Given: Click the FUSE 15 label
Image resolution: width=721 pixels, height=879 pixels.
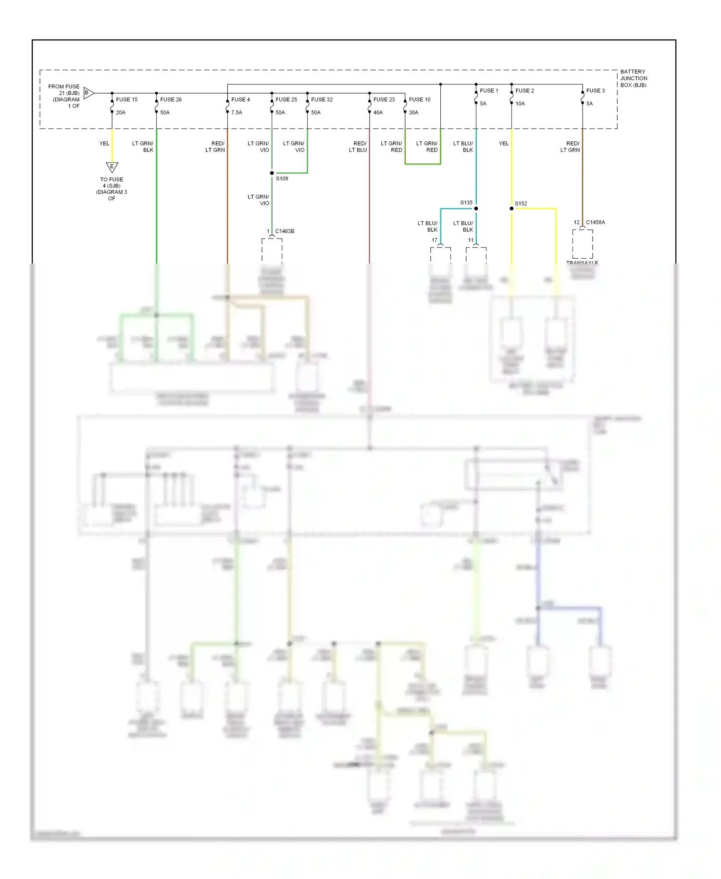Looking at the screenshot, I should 126,100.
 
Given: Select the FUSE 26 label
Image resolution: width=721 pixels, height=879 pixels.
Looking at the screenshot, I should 171,100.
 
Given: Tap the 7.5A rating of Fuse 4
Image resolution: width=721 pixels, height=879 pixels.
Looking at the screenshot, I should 236,113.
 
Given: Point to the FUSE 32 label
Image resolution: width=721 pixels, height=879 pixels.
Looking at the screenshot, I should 322,100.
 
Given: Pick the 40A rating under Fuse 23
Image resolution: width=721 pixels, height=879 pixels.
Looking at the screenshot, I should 378,113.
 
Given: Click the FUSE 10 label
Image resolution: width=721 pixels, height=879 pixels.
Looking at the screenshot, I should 420,100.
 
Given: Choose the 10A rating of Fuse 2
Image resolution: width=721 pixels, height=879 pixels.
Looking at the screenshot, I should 520,103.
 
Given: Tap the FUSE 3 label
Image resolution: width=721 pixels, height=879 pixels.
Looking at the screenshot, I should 596,90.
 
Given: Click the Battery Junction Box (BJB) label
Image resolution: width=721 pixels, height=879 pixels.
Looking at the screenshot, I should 634,78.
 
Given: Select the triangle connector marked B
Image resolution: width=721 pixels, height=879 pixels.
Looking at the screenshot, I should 88,93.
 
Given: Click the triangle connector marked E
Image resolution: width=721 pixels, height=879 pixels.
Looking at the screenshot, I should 112,167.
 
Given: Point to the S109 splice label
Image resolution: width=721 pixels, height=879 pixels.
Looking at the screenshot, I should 282,178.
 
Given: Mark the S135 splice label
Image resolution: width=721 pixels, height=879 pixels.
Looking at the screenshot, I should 466,202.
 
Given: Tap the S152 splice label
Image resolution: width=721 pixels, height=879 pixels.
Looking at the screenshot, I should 521,203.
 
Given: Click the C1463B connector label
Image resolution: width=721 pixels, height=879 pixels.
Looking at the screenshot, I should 285,231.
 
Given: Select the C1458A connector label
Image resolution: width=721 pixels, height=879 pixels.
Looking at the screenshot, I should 596,222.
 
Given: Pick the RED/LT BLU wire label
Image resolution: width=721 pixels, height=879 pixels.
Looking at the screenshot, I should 358,147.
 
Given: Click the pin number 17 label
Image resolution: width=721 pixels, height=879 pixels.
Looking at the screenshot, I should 435,240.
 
